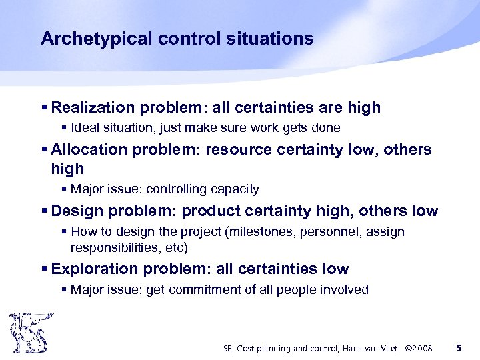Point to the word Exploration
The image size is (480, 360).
coord(93,269)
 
